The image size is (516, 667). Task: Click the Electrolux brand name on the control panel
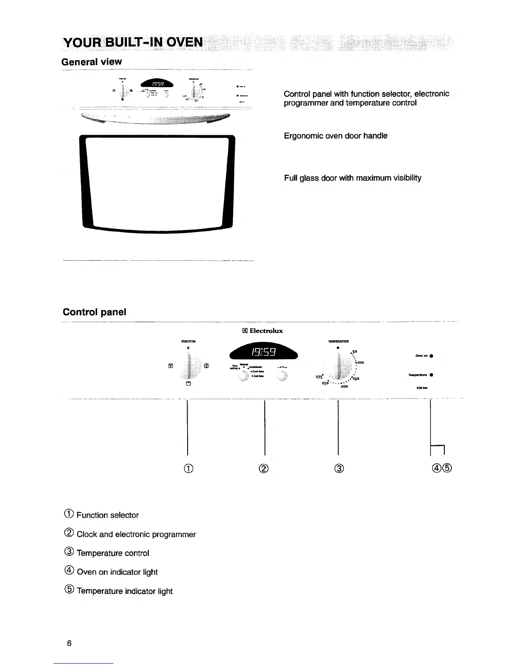[266, 331]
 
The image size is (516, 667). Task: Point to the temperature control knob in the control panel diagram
[340, 366]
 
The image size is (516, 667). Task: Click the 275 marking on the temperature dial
[319, 377]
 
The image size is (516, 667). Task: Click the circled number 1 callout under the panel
[188, 468]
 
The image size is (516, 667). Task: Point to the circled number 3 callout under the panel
[340, 468]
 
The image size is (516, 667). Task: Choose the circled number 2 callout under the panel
[264, 468]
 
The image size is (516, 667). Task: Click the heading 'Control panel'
[94, 312]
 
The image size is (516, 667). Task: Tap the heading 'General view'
[91, 62]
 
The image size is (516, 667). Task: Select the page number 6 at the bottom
[69, 643]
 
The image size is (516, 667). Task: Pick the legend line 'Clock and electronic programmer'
[136, 534]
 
